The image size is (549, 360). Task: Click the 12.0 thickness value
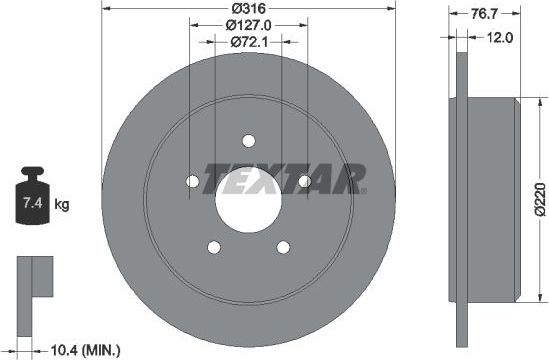pos(500,37)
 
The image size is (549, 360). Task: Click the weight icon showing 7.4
pos(31,203)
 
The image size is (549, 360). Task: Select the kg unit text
pos(62,206)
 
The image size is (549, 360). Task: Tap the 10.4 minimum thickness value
pos(65,349)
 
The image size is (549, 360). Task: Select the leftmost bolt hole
pos(192,181)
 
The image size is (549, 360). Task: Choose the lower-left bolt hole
pos(213,246)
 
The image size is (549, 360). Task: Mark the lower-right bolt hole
pos(282,246)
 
